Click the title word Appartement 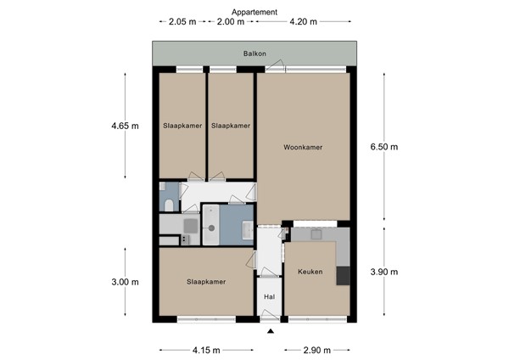pyautogui.click(x=254, y=12)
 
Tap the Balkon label pyautogui.click(x=255, y=53)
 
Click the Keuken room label pyautogui.click(x=310, y=272)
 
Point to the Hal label pyautogui.click(x=270, y=296)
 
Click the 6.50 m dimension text pyautogui.click(x=383, y=147)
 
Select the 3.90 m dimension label pyautogui.click(x=383, y=272)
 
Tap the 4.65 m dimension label pyautogui.click(x=125, y=126)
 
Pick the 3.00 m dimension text pyautogui.click(x=125, y=282)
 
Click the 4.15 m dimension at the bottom pyautogui.click(x=205, y=350)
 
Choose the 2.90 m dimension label pyautogui.click(x=317, y=350)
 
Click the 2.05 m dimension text pyautogui.click(x=182, y=22)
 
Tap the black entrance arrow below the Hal pyautogui.click(x=270, y=332)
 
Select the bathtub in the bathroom pyautogui.click(x=231, y=228)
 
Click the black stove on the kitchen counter pyautogui.click(x=343, y=275)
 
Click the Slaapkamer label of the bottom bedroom pyautogui.click(x=206, y=282)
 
